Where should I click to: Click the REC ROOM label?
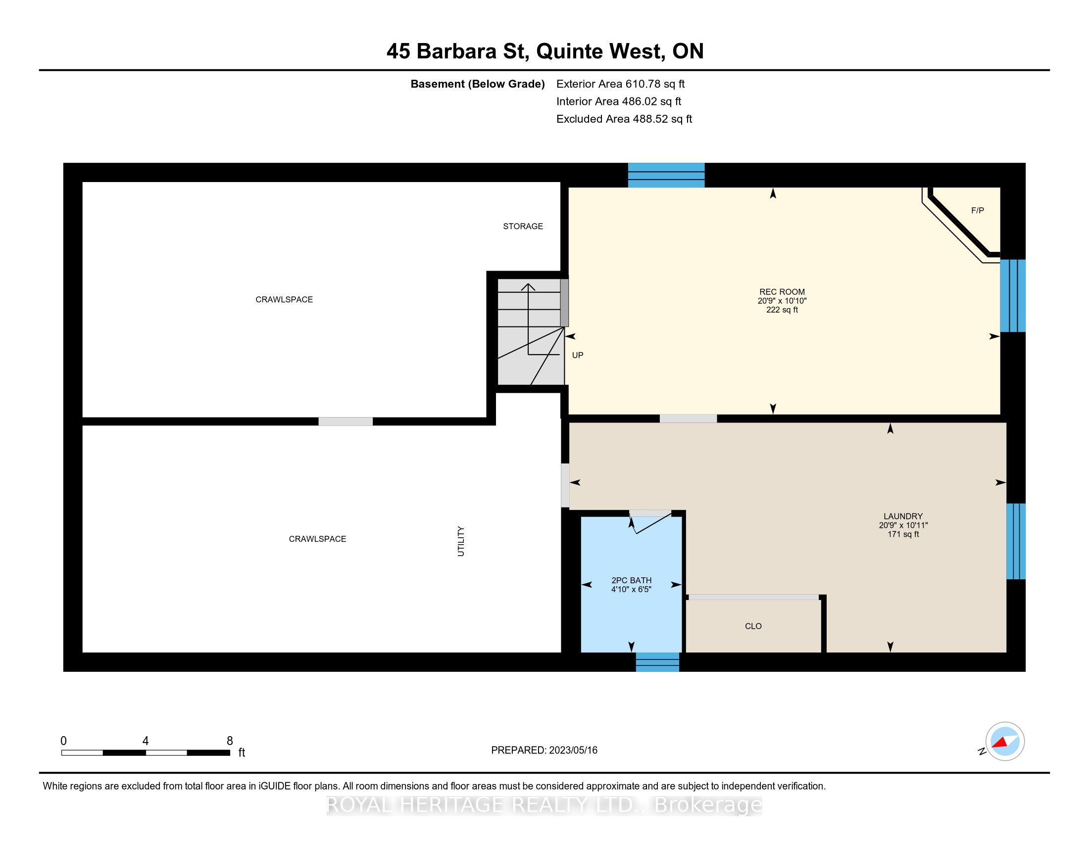pos(782,292)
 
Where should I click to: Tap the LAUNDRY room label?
pos(903,516)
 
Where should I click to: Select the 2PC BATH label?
pos(631,580)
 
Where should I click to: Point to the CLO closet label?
pos(753,626)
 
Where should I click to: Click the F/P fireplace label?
pos(977,211)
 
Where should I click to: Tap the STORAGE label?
pos(523,226)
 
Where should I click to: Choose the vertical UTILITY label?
pos(461,542)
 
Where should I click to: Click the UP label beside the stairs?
pos(577,355)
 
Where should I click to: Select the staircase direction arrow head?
pos(528,286)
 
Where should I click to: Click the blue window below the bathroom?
pos(657,662)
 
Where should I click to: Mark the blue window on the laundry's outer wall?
pos(1016,541)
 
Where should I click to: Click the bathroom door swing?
pos(650,522)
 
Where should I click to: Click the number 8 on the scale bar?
pos(229,741)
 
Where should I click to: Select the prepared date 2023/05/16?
pos(572,750)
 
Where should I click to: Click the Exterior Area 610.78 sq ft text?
pos(620,84)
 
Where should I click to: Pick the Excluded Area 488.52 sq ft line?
pos(624,119)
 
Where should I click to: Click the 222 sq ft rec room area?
pos(782,310)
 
